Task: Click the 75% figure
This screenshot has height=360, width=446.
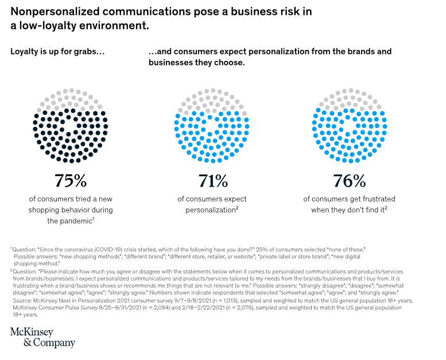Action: coord(71,181)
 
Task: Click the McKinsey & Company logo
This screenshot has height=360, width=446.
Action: coord(42,338)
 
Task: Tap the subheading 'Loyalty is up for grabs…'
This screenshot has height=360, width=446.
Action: coord(57,51)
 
